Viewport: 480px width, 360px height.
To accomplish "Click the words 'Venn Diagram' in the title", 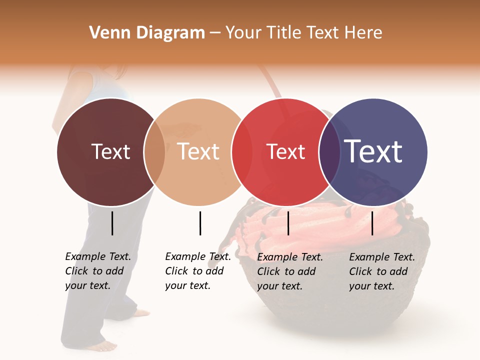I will click(147, 33).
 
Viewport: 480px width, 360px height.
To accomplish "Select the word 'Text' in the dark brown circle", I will click(110, 151).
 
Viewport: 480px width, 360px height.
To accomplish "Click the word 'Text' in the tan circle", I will click(198, 151).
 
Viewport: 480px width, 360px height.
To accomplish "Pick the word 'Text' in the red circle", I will click(286, 151).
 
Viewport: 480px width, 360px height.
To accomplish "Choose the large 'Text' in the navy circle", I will click(373, 151).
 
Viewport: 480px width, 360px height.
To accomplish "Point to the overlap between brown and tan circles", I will click(154, 152).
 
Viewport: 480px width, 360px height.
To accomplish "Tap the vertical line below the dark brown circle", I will click(112, 223).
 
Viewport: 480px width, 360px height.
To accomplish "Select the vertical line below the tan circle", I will click(200, 223).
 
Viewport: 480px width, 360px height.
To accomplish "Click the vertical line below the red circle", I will click(288, 223).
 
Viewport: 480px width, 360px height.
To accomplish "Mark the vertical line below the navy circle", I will click(372, 223).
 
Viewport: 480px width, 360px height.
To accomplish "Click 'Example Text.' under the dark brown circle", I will click(98, 256).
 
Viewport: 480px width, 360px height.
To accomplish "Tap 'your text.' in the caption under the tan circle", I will click(187, 285).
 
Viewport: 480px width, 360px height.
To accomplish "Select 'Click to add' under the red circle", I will click(286, 271).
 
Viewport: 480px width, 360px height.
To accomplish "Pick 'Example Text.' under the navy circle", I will click(382, 257).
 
